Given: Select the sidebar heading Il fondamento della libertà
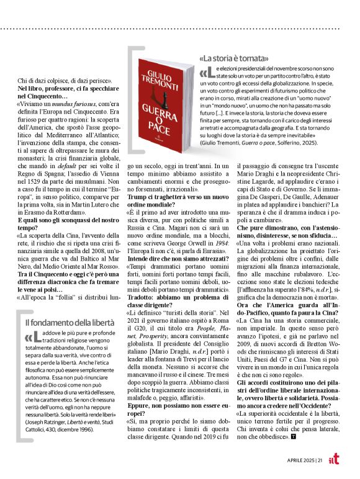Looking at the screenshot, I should coord(69,323).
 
